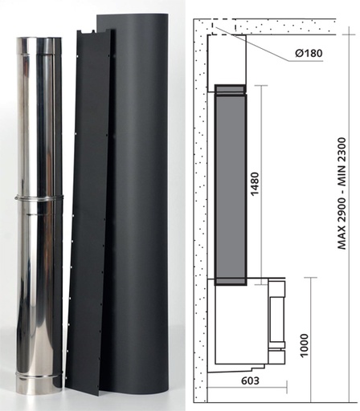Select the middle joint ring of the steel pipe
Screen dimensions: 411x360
[39, 197]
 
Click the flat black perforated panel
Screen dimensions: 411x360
[88, 217]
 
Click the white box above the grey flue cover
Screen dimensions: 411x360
[228, 56]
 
